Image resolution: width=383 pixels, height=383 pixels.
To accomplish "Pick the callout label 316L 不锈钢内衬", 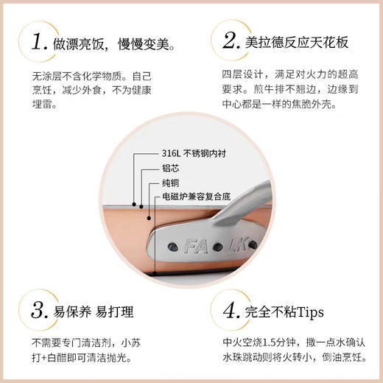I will coord(200,155).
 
